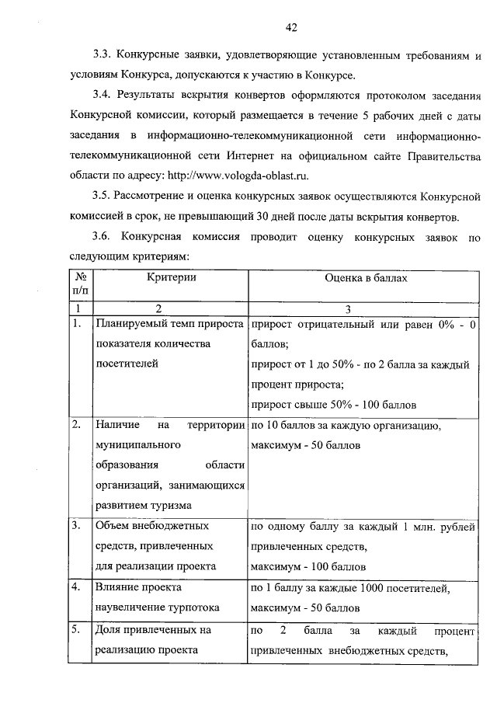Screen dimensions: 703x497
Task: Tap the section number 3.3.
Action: pos(103,56)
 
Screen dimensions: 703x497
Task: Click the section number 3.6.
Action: pos(103,235)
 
